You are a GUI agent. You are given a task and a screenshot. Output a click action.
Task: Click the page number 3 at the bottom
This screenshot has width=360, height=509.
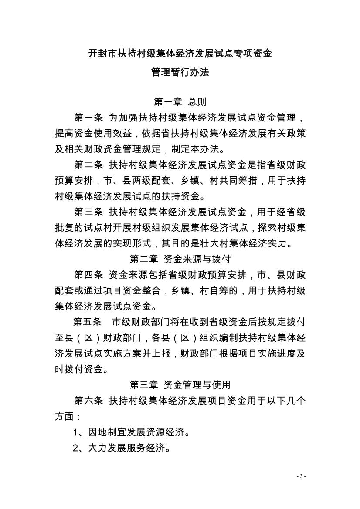pyautogui.click(x=301, y=476)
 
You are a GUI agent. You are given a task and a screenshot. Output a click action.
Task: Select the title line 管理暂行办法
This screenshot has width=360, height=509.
pyautogui.click(x=180, y=72)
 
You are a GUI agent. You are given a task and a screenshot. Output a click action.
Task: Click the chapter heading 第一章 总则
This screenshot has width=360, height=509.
pyautogui.click(x=180, y=102)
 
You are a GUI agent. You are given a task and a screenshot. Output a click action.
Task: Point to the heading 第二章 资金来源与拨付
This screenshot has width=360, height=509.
pyautogui.click(x=180, y=259)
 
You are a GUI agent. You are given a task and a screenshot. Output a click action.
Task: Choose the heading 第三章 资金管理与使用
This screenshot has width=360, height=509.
pyautogui.click(x=180, y=384)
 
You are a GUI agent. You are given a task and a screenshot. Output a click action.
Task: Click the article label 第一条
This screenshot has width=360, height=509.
pyautogui.click(x=88, y=118)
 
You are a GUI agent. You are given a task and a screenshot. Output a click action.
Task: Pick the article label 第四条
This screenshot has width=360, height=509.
pyautogui.click(x=88, y=275)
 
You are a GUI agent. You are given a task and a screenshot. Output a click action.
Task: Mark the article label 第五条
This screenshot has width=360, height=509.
pyautogui.click(x=88, y=322)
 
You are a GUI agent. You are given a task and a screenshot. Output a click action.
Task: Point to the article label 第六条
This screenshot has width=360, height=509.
pyautogui.click(x=88, y=401)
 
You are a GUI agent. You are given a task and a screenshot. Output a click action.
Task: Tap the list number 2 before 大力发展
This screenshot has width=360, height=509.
pyautogui.click(x=76, y=448)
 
